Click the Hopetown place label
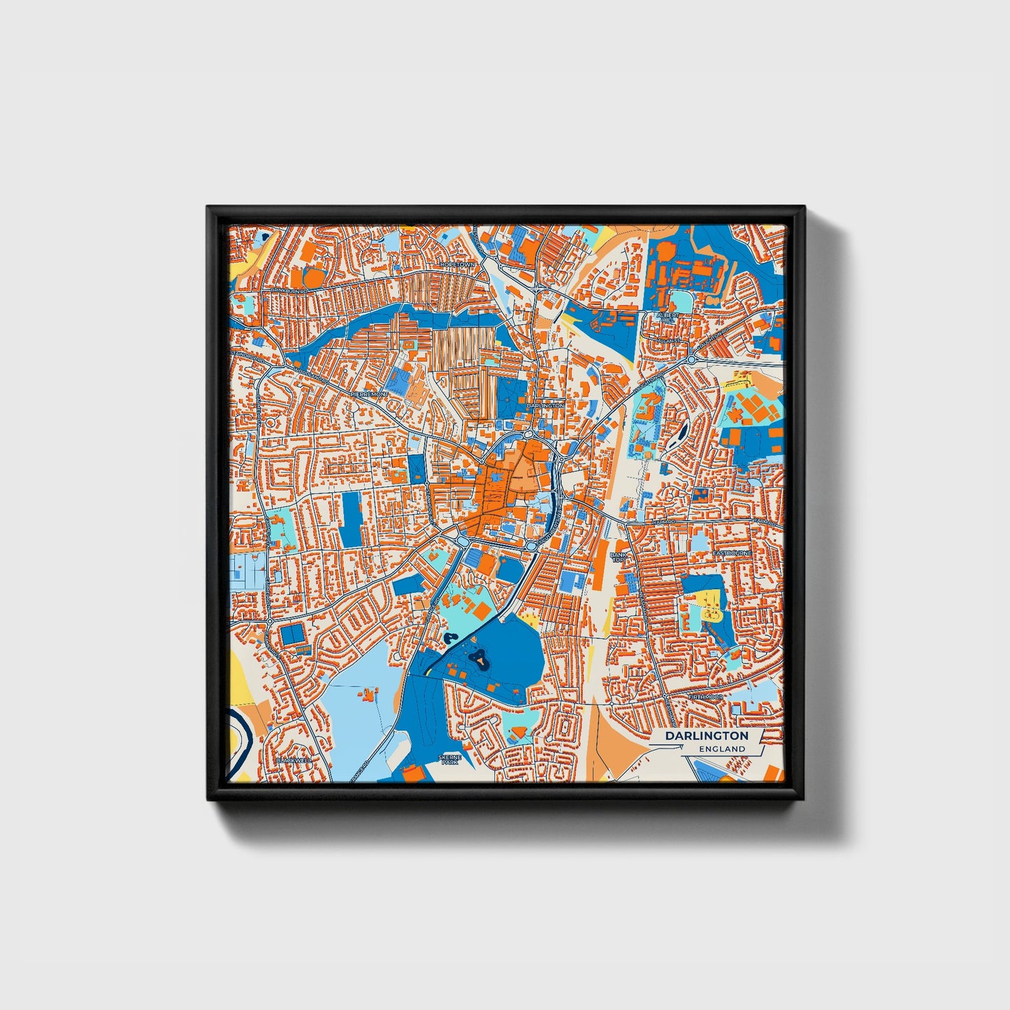pyautogui.click(x=458, y=265)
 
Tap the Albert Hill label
pyautogui.click(x=666, y=318)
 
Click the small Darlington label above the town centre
pyautogui.click(x=545, y=405)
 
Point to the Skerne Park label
pyautogui.click(x=449, y=760)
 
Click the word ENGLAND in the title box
pyautogui.click(x=722, y=749)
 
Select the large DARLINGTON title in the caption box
pyautogui.click(x=706, y=736)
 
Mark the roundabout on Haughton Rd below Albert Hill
pyautogui.click(x=691, y=359)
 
